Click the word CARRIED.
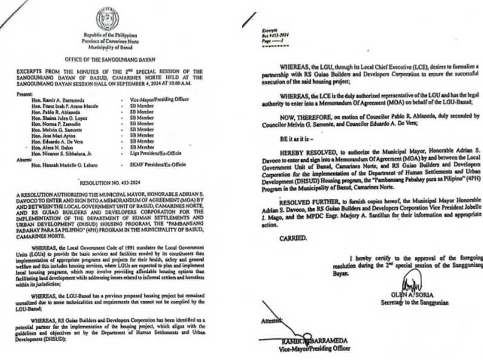coord(293,238)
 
